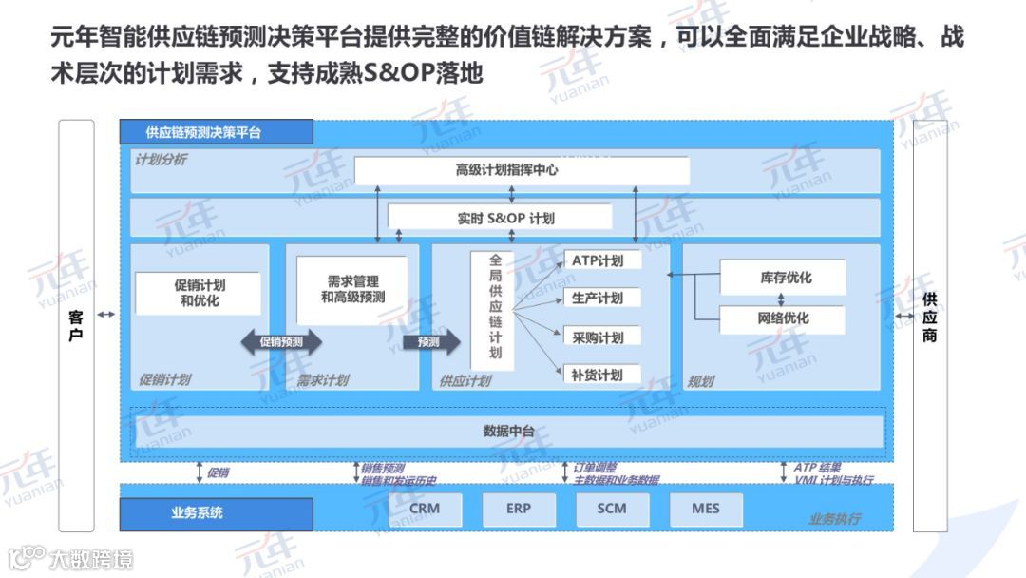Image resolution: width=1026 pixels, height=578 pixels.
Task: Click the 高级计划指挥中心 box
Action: [522, 171]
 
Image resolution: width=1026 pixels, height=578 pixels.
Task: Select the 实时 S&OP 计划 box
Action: [512, 218]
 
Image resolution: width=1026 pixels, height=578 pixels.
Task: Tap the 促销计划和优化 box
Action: [199, 293]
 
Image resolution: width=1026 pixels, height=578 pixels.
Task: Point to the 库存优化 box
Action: [783, 278]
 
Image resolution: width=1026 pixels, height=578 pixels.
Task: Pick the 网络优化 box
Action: [783, 318]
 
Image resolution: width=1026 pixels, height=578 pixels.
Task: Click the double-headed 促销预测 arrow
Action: [281, 342]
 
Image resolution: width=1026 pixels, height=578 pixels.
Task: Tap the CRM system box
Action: [425, 509]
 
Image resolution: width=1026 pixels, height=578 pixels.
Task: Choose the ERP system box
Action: [519, 509]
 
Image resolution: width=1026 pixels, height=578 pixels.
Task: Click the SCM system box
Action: [612, 509]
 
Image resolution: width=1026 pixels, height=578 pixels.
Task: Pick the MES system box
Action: [706, 509]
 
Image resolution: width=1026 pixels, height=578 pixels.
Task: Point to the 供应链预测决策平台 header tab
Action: [217, 132]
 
